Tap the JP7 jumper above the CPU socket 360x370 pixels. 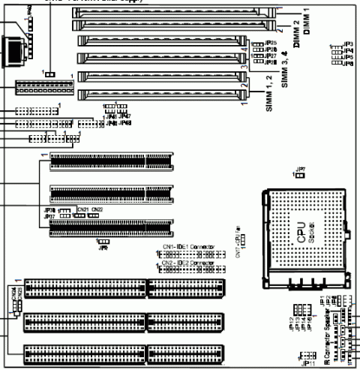pos(300,169)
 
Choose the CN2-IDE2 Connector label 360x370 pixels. pos(188,263)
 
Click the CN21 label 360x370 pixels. pos(82,209)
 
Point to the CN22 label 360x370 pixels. pos(97,209)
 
